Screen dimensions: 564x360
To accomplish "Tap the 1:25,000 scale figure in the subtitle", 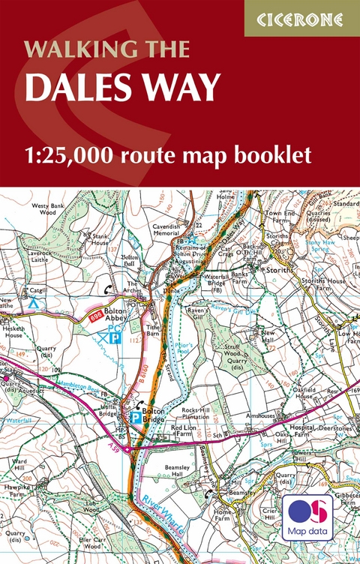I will tap(72, 156).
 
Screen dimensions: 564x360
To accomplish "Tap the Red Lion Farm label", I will tap(183, 430).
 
